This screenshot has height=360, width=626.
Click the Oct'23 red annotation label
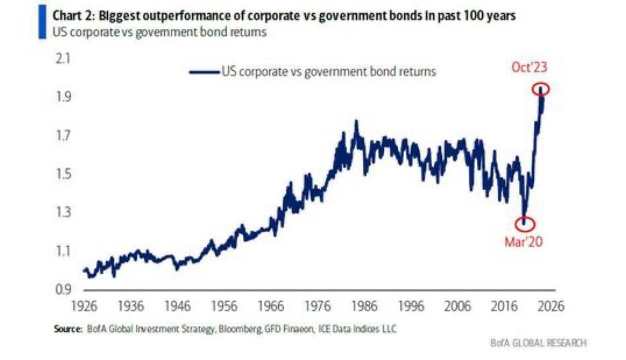(529, 67)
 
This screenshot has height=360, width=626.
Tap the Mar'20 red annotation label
(523, 242)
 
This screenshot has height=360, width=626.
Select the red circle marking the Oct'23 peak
(541, 89)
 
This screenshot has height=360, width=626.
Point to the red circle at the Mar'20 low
(524, 224)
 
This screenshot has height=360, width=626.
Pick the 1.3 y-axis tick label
(62, 213)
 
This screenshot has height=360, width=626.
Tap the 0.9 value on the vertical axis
(62, 290)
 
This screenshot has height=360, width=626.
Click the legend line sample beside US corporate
(204, 72)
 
